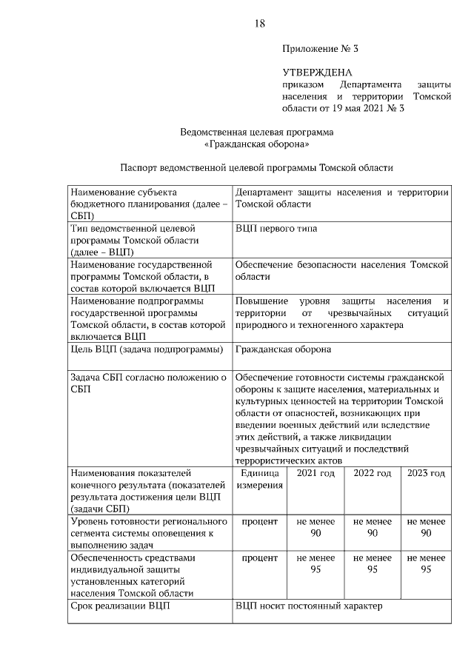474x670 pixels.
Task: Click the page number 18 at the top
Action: pos(259,23)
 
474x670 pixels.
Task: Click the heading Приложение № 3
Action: pos(319,50)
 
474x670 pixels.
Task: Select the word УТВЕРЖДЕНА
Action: pos(317,73)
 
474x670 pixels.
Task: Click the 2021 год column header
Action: pos(316,474)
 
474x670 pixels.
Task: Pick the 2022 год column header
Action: pos(373,474)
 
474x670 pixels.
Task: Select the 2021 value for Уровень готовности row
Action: pos(316,528)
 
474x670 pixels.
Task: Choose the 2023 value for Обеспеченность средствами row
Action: pos(426,563)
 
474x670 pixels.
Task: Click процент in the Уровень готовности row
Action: pos(259,522)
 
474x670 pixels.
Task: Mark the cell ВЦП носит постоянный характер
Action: pos(310,606)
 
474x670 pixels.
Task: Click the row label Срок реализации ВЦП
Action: pos(119,606)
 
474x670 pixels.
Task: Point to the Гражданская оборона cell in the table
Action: pos(283,349)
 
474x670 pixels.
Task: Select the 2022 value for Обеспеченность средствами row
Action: pos(373,563)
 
